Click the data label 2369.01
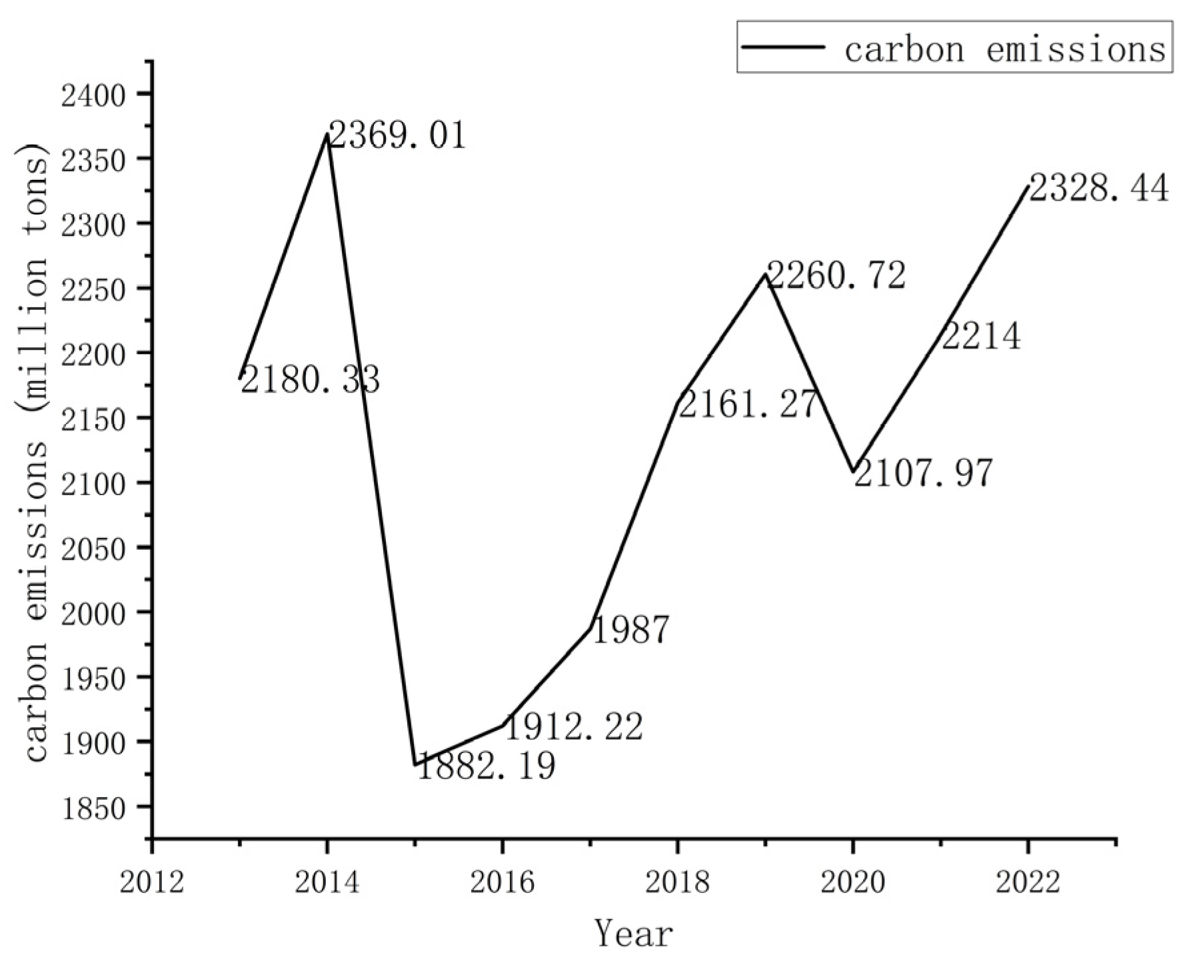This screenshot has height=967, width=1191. click(x=397, y=136)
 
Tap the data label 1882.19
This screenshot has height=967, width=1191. click(x=486, y=766)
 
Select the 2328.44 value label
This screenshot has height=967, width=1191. click(x=1099, y=188)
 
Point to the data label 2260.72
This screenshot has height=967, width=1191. click(x=836, y=275)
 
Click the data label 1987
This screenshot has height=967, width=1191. click(x=630, y=630)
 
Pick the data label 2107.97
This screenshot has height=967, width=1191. click(x=923, y=473)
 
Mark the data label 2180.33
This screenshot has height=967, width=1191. click(x=310, y=381)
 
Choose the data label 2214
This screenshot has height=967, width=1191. click(x=981, y=337)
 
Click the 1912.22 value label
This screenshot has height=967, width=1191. click(x=573, y=727)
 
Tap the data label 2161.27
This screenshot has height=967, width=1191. click(x=746, y=404)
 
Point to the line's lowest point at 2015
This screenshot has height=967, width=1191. click(x=415, y=764)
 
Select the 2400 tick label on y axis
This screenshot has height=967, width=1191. click(x=93, y=95)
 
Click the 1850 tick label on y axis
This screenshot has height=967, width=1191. click(x=93, y=808)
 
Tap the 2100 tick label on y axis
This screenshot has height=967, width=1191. click(x=93, y=483)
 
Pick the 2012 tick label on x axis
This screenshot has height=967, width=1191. click(x=152, y=883)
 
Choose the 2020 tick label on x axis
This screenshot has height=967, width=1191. click(x=852, y=883)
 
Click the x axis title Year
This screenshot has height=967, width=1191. click(x=634, y=934)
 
